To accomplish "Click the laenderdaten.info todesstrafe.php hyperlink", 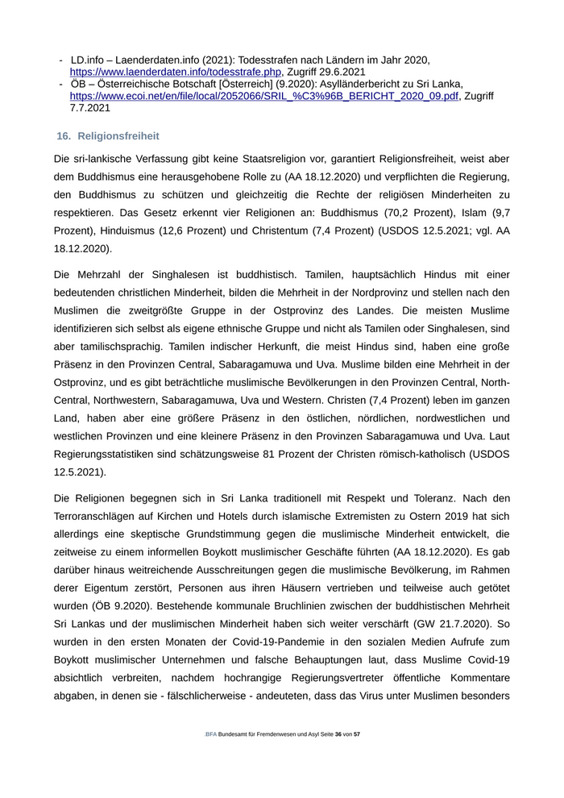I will (x=176, y=72).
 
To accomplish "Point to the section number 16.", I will (x=64, y=136).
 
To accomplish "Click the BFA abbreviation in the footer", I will (x=210, y=758).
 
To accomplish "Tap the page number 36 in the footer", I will (x=338, y=758).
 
